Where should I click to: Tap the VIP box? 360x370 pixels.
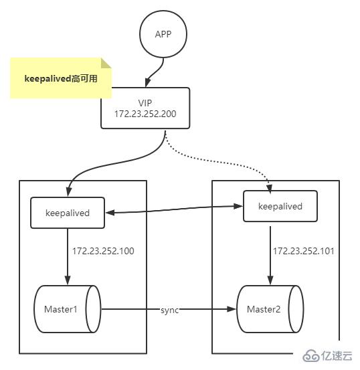[x=146, y=108]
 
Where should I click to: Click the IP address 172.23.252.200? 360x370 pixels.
[x=146, y=115]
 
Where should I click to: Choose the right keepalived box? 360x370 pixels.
[x=280, y=206]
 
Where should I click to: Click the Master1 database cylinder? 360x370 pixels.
[x=67, y=310]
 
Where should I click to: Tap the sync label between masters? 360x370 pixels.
[x=169, y=310]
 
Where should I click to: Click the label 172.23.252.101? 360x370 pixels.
[x=303, y=252]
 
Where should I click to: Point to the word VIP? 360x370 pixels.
[x=145, y=103]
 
